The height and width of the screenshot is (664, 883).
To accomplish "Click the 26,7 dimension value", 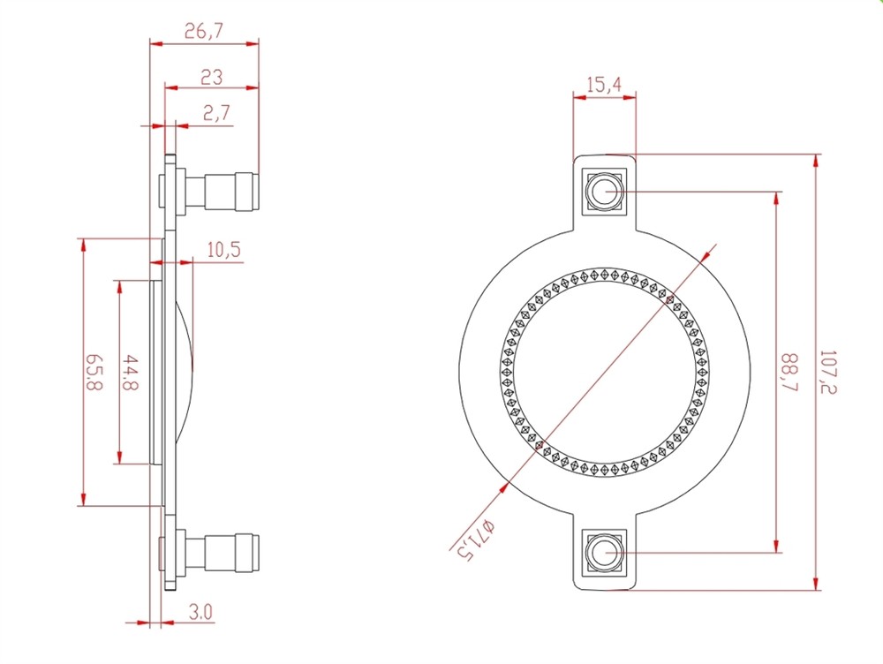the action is click(204, 31).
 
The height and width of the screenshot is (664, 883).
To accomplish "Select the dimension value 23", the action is click(211, 77).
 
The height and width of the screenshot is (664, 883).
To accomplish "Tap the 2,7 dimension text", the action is click(217, 113).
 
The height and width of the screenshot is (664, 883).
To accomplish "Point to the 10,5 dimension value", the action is click(223, 250).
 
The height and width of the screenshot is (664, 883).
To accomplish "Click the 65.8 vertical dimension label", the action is click(94, 373).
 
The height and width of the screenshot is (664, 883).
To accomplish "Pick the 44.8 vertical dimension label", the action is click(131, 373).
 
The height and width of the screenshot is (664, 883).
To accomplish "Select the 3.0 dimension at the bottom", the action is click(200, 612).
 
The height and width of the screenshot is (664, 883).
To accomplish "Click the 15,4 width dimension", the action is click(604, 85).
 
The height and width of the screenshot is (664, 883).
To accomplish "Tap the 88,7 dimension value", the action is click(789, 373).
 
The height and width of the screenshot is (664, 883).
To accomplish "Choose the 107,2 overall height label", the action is click(828, 373).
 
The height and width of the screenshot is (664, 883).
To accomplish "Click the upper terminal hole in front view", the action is click(604, 192).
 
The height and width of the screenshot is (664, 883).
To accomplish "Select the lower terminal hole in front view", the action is click(604, 552).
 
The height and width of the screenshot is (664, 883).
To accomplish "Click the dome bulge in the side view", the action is click(185, 373).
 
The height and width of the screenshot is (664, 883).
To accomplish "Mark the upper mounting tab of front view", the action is click(604, 192).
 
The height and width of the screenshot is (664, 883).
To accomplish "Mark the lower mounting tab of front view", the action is click(604, 552).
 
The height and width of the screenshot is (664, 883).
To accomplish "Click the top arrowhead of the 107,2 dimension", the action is click(815, 161).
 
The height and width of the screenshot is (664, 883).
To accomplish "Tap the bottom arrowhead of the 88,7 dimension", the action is click(777, 546).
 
